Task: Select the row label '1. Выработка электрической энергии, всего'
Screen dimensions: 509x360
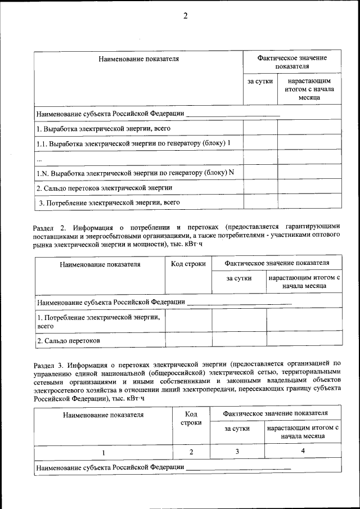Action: tap(103, 128)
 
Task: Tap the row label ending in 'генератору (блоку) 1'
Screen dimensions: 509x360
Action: tap(134, 143)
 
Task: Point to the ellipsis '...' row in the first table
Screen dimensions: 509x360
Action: tap(39, 158)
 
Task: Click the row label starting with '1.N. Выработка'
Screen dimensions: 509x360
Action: tap(135, 173)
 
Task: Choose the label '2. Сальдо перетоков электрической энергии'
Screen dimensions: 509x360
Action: tap(104, 188)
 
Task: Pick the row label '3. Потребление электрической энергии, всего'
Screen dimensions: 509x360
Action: tap(109, 202)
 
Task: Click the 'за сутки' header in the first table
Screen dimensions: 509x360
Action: tap(260, 82)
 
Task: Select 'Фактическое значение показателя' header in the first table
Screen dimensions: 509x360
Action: tap(292, 62)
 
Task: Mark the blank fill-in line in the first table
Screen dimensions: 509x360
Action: tap(232, 115)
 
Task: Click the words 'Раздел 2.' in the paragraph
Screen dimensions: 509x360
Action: tap(50, 227)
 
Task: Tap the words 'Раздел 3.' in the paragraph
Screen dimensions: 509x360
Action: tap(50, 363)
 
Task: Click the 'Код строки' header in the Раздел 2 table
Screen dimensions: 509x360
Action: tap(188, 264)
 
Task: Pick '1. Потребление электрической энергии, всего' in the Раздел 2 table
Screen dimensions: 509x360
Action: tap(98, 321)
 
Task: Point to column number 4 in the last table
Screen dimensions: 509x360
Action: tap(303, 451)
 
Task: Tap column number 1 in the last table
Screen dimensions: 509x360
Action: tap(103, 452)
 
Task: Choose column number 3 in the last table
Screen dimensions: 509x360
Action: tap(237, 451)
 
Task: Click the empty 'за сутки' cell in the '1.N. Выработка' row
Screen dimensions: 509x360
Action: tap(260, 172)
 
